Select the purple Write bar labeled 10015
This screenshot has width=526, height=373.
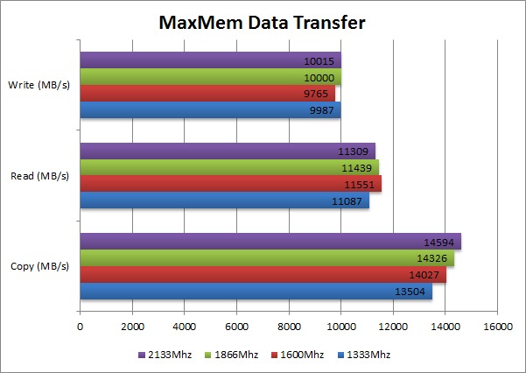(210, 61)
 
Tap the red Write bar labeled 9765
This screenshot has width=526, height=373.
(207, 93)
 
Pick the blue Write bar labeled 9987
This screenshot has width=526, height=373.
(210, 109)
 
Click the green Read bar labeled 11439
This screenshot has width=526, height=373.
(229, 167)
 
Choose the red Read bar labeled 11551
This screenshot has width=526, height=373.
(230, 184)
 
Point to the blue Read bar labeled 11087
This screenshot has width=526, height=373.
(224, 201)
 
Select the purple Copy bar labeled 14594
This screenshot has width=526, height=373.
(270, 242)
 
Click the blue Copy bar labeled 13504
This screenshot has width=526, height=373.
(256, 292)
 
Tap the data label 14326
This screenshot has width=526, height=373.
(434, 258)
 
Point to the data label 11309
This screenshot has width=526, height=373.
(355, 151)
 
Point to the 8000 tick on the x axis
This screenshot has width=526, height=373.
(289, 328)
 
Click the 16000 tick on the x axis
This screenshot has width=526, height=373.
(497, 328)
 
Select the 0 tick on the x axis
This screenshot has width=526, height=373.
(81, 328)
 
